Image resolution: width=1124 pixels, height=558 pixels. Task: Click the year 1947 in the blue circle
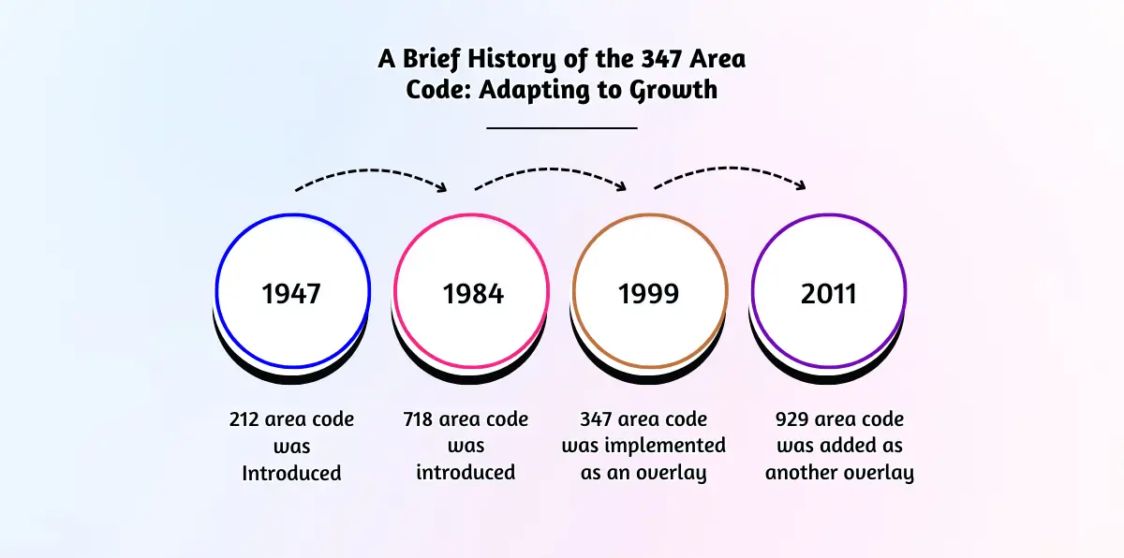(291, 294)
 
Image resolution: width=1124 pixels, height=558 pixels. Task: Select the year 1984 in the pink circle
(473, 294)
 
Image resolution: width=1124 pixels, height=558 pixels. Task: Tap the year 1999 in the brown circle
(649, 294)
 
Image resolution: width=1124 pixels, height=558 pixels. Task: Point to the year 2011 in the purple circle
(829, 294)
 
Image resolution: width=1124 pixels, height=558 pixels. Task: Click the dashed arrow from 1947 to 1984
(372, 173)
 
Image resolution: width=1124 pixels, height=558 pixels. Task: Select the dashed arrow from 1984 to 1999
(552, 173)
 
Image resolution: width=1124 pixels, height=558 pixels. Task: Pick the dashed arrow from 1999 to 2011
(731, 173)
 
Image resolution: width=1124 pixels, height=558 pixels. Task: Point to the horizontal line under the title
(562, 126)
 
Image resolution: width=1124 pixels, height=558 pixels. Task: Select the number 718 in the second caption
(421, 419)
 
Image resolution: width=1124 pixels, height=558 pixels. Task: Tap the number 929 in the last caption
(793, 419)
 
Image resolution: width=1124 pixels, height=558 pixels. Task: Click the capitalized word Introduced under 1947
(291, 473)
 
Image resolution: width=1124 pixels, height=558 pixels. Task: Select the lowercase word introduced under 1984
(466, 473)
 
